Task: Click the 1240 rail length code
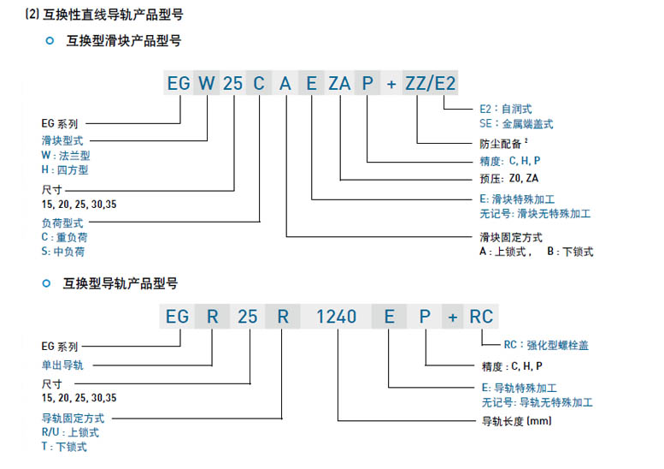click(x=336, y=316)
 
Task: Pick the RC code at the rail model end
click(x=481, y=316)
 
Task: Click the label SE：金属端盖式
click(x=517, y=124)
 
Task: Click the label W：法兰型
click(x=66, y=155)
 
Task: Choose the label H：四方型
click(x=65, y=169)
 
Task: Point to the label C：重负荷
click(x=65, y=236)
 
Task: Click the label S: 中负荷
click(x=63, y=252)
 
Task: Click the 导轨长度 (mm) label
click(x=517, y=421)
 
